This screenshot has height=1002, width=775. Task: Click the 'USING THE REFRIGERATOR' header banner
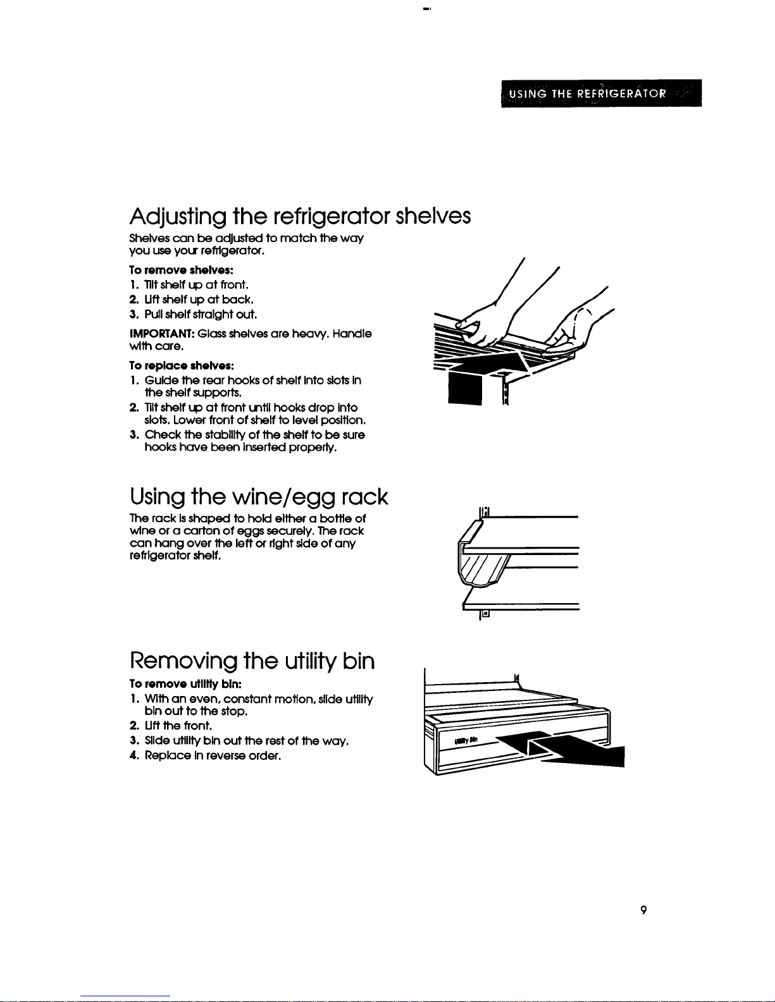pos(600,94)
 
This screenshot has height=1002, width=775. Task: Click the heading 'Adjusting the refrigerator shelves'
pos(300,217)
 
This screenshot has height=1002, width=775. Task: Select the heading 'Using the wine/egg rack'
pos(258,497)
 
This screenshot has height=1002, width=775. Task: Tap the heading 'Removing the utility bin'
pos(252,661)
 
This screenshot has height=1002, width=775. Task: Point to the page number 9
pos(643,910)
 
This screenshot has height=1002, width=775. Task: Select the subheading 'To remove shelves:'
pos(164,270)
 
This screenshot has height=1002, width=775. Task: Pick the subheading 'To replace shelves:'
pos(164,366)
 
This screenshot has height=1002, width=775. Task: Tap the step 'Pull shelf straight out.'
pos(192,314)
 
